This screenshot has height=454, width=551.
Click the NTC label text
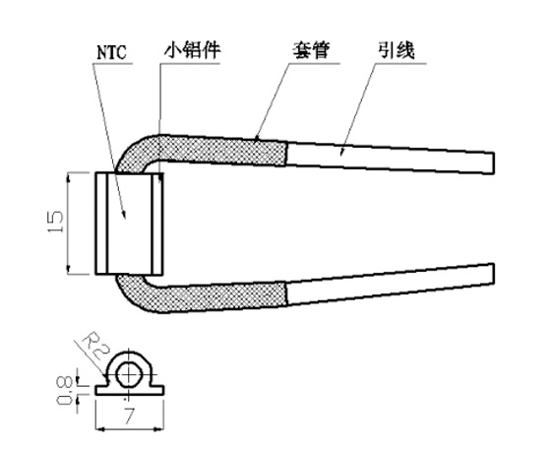(111, 52)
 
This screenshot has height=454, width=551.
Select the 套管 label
(312, 50)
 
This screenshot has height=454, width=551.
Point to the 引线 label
(396, 50)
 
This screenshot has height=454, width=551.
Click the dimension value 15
(55, 222)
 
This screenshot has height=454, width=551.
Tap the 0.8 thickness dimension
(65, 390)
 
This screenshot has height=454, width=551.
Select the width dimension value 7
(129, 416)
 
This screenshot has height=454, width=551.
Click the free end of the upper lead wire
(493, 162)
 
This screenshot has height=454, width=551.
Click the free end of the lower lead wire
(493, 275)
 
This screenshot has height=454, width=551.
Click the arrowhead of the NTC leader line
(124, 215)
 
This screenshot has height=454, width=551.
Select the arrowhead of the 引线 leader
(341, 152)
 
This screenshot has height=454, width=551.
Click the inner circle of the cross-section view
(130, 375)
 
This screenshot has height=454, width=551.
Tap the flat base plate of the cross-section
(130, 390)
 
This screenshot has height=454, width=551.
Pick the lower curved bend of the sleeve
(133, 294)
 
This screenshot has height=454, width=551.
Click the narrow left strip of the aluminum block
(101, 224)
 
